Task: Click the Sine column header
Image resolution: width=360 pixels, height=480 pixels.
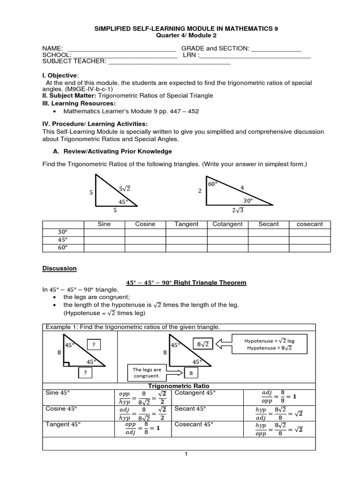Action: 104,224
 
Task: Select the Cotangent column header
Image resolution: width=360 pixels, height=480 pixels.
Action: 227,224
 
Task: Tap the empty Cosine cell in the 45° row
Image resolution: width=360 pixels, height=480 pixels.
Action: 145,240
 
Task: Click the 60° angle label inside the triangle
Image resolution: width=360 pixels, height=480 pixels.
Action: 213,184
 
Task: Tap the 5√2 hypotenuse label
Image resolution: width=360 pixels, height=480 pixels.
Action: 124,188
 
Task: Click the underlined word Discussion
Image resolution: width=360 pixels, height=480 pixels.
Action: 59,269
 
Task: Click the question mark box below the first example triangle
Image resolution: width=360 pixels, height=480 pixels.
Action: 85,373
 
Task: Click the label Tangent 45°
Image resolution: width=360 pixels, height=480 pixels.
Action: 60,424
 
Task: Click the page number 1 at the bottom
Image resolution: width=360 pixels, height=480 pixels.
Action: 186,454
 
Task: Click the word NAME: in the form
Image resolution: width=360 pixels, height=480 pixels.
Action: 52,49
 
